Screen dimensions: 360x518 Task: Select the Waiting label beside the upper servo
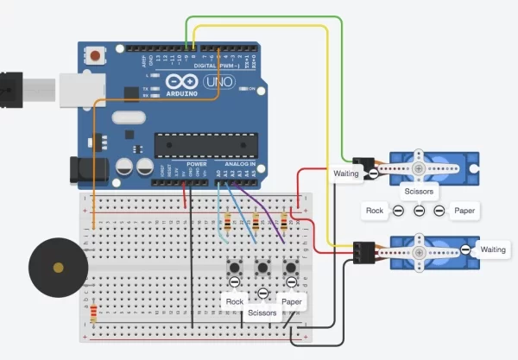click(x=345, y=174)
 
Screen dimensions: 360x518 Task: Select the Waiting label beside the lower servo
click(x=493, y=249)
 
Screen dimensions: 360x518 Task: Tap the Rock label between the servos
click(x=375, y=210)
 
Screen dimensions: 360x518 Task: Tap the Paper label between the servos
click(x=464, y=210)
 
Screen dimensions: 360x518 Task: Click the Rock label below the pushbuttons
click(x=234, y=301)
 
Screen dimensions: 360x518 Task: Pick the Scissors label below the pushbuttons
click(x=261, y=313)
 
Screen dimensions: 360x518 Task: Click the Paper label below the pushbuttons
click(x=293, y=301)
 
